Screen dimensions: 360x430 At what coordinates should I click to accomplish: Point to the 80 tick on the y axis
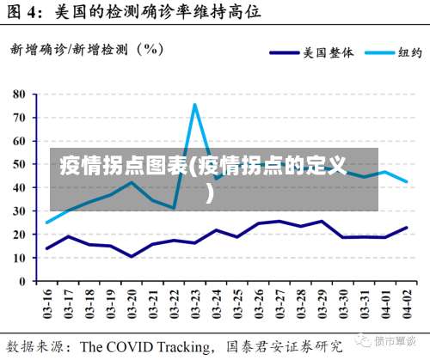pyautogui.click(x=20, y=93)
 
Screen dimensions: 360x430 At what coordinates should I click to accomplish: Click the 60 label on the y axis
pyautogui.click(x=20, y=140)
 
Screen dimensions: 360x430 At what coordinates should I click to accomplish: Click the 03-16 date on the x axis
pyautogui.click(x=47, y=304)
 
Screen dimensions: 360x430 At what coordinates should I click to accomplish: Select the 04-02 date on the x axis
pyautogui.click(x=405, y=304)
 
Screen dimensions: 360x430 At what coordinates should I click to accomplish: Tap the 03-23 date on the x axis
pyautogui.click(x=195, y=304)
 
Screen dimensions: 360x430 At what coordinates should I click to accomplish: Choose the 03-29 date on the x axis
pyautogui.click(x=322, y=304)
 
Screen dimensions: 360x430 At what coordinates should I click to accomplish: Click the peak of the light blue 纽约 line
pyautogui.click(x=195, y=105)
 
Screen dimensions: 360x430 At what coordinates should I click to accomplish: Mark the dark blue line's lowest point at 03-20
pyautogui.click(x=132, y=256)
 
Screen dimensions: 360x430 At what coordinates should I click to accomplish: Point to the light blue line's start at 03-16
pyautogui.click(x=47, y=223)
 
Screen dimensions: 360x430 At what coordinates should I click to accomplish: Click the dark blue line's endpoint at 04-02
pyautogui.click(x=406, y=228)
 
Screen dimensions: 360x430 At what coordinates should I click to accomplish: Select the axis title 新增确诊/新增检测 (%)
pyautogui.click(x=87, y=49)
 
